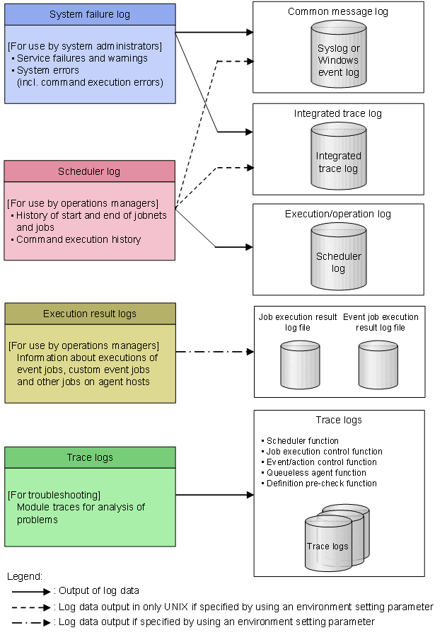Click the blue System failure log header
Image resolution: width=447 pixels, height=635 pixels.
tap(90, 15)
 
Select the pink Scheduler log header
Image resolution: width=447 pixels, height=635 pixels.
tap(90, 171)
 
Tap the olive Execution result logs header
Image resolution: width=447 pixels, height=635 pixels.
tap(90, 314)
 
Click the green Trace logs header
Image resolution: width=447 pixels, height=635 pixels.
tap(90, 457)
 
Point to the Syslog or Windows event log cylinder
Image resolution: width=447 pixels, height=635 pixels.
tap(338, 54)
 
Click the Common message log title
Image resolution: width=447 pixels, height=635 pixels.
tap(338, 12)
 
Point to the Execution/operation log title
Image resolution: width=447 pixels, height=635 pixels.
tap(338, 214)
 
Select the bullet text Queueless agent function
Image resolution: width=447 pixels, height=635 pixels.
tap(316, 473)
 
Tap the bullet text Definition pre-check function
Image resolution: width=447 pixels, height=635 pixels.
tap(321, 484)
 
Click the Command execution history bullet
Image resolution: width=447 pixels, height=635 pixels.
tap(79, 240)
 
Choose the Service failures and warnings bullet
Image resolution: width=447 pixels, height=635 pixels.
tap(82, 58)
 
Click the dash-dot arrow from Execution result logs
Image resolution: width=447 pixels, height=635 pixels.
tap(214, 351)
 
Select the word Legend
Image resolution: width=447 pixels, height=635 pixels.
tap(25, 577)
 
